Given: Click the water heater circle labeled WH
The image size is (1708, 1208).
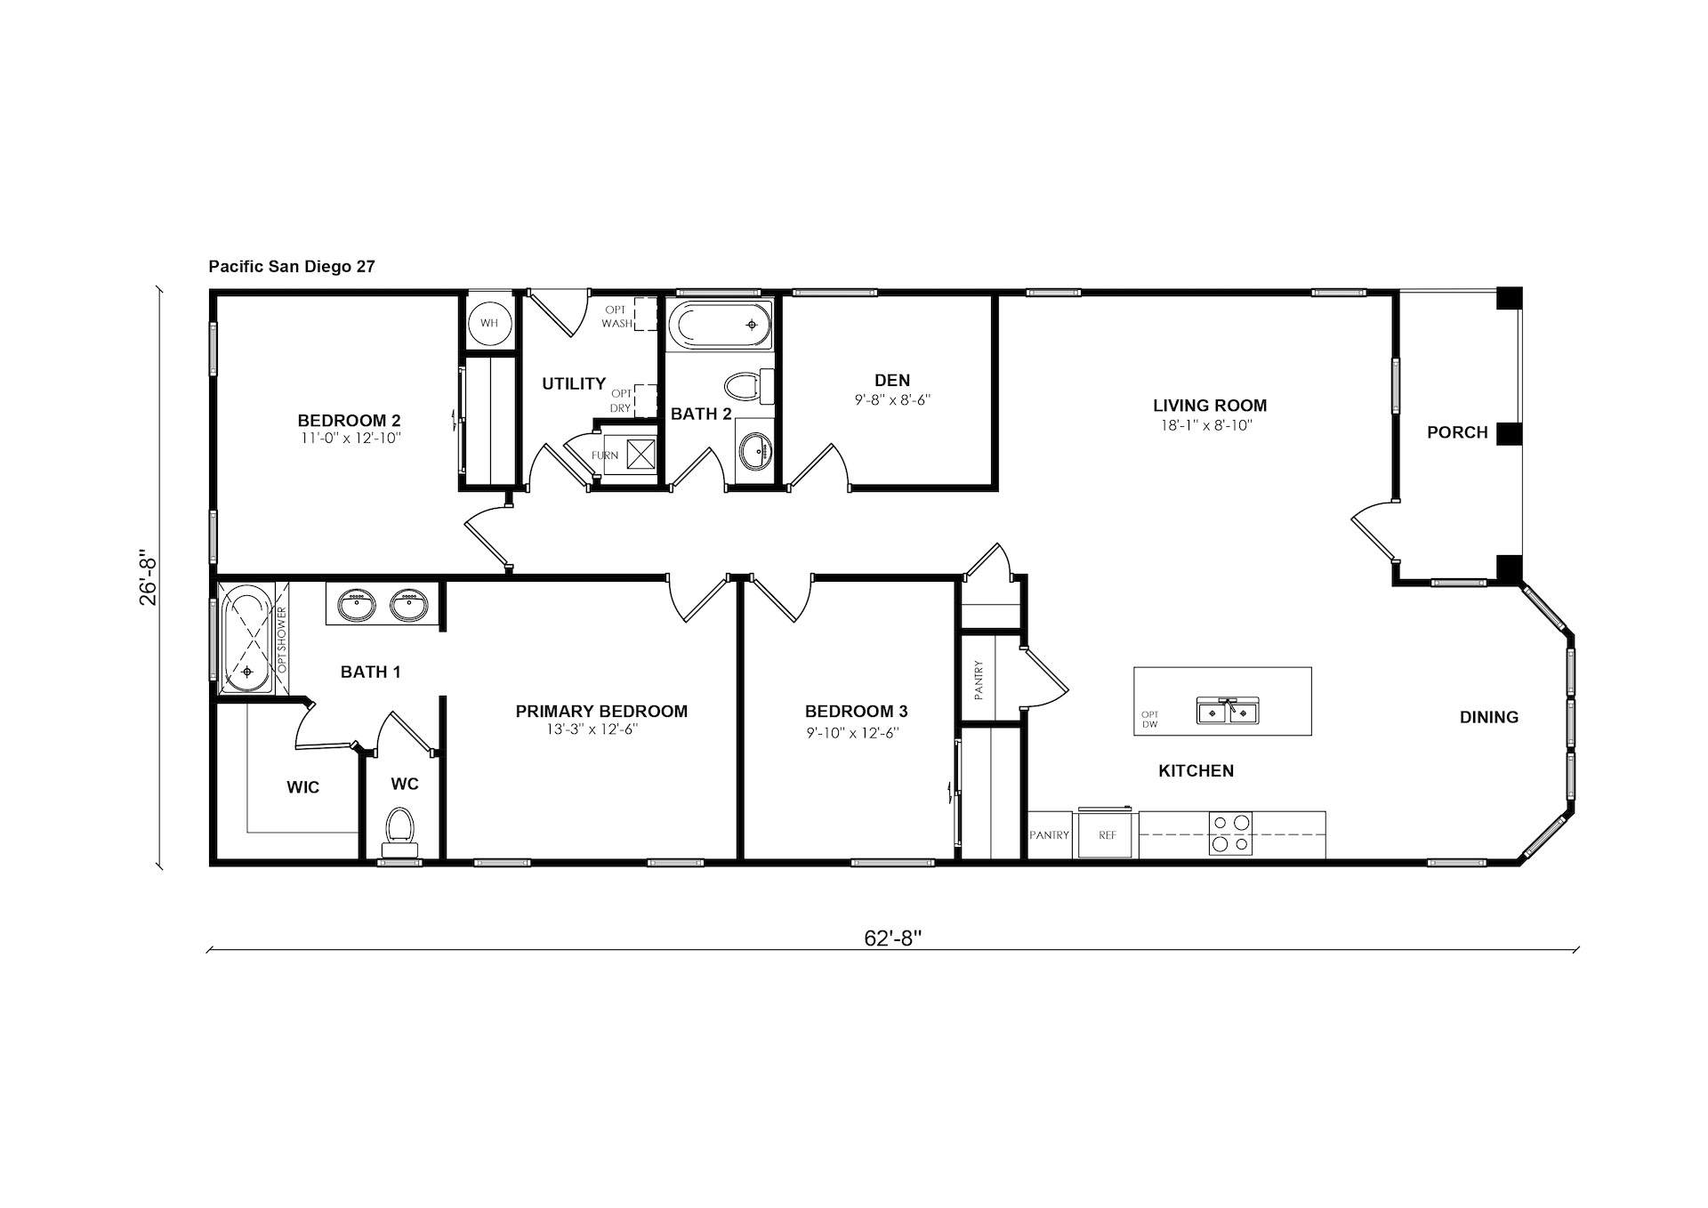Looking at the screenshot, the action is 489,323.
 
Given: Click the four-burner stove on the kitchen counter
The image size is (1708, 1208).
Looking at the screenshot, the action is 1230,834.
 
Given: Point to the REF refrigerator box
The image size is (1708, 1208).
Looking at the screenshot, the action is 1108,834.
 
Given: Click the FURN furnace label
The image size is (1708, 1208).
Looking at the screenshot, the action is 604,455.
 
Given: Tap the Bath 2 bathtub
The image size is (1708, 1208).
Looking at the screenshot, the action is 720,326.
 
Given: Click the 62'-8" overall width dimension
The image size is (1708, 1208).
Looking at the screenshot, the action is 892,938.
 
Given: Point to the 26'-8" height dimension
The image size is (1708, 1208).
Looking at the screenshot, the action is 148,580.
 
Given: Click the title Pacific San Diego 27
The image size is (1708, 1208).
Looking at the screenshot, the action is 292,266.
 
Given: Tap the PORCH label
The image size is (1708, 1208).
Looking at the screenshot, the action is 1457,432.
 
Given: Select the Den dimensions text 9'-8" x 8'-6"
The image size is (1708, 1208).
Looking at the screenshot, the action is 892,400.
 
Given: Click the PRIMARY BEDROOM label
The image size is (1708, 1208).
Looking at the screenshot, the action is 601,711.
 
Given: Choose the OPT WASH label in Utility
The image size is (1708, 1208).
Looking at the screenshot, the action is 616,317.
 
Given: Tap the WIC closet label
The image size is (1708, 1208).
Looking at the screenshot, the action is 303,787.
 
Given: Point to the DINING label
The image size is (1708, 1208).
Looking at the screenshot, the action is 1489,717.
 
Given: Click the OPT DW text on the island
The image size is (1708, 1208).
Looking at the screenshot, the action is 1150,719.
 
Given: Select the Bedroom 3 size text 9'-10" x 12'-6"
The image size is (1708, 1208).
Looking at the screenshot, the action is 857,732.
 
